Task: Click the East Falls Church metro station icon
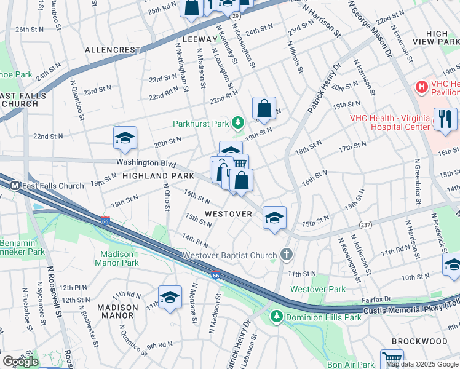coord(14,186)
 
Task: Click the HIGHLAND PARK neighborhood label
coord(137,176)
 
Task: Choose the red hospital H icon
coord(421,87)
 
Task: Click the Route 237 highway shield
coord(365,225)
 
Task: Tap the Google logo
coord(20,361)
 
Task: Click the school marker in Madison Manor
coord(170,297)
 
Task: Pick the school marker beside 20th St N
coord(125,138)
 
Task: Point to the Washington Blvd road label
coord(146,164)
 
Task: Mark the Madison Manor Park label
coord(117,258)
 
